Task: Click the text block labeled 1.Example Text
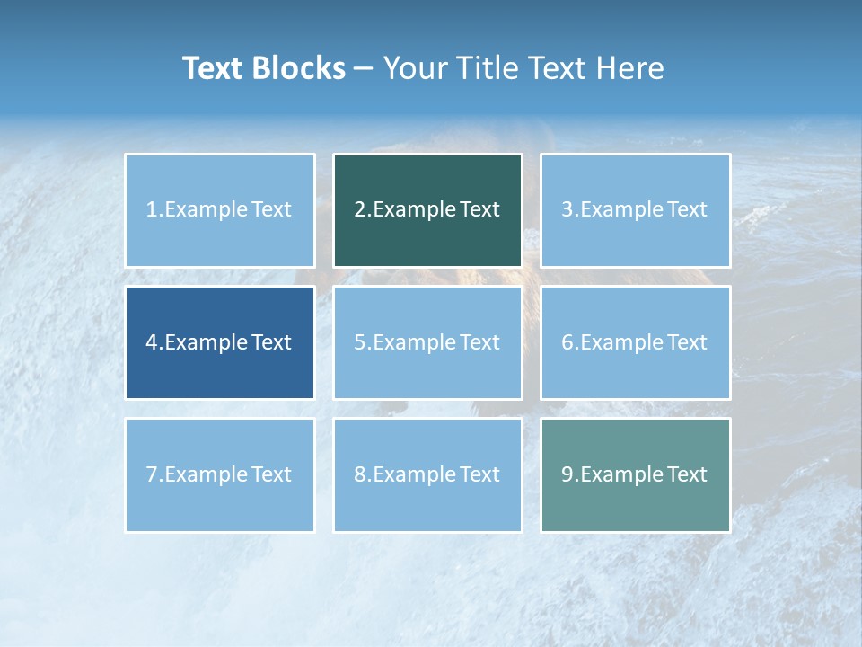(220, 210)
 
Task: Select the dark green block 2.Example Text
(427, 210)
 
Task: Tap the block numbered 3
(635, 210)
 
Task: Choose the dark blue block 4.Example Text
(220, 342)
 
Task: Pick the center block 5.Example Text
(427, 342)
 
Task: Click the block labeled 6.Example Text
(635, 342)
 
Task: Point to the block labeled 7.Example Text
(220, 474)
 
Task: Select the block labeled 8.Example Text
(427, 474)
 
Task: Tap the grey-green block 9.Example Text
(635, 474)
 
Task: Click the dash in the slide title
(365, 69)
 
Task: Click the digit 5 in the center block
(359, 342)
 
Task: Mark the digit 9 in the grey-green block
(567, 474)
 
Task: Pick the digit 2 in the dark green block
(359, 210)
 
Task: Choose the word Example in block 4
(206, 342)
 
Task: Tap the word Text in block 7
(272, 474)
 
